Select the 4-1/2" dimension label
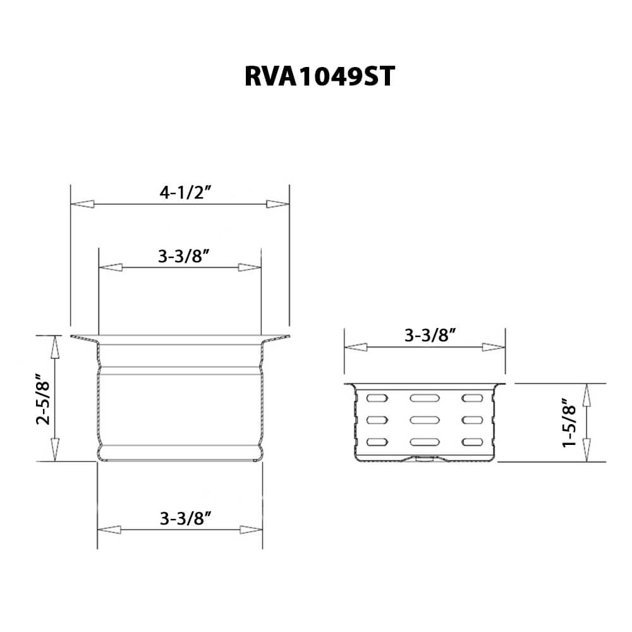(x=185, y=193)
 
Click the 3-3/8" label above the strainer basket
(x=430, y=336)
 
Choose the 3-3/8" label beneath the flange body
(x=185, y=519)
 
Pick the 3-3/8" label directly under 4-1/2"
(x=184, y=256)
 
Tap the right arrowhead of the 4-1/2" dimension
(x=277, y=204)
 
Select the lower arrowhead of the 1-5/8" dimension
(x=586, y=451)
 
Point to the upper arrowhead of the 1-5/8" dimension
(x=586, y=394)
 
